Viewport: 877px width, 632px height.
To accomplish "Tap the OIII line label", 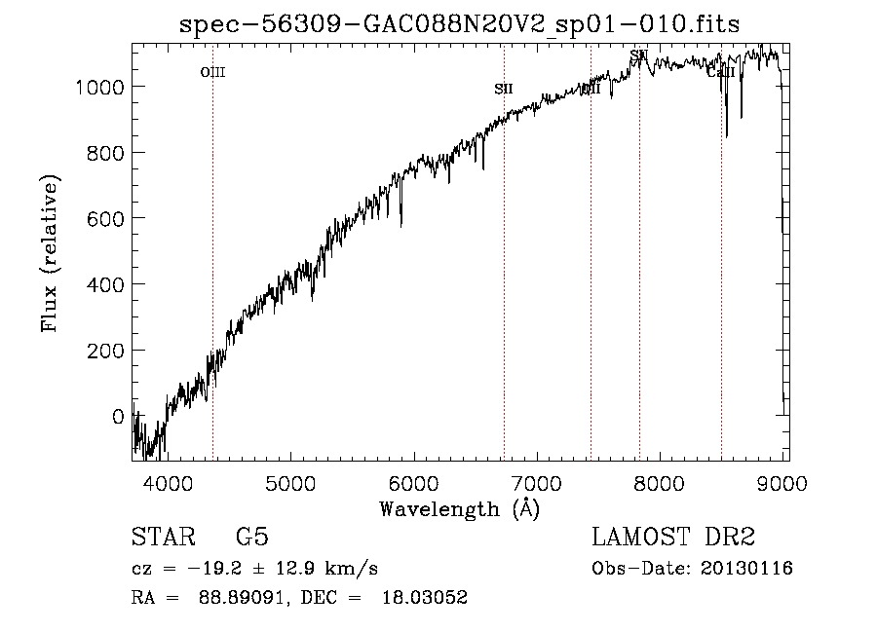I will [212, 72].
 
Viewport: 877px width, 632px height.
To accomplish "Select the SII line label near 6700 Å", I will [503, 89].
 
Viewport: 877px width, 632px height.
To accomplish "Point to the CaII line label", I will [720, 72].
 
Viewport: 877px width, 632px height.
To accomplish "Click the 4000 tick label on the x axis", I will [168, 481].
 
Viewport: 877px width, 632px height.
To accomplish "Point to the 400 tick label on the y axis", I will [105, 284].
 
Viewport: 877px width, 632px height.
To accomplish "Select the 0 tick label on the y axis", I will [118, 416].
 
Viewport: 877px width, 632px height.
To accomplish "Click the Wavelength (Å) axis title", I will [459, 508].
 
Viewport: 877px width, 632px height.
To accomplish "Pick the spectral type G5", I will [252, 538].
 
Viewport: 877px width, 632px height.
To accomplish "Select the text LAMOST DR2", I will [673, 538].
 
